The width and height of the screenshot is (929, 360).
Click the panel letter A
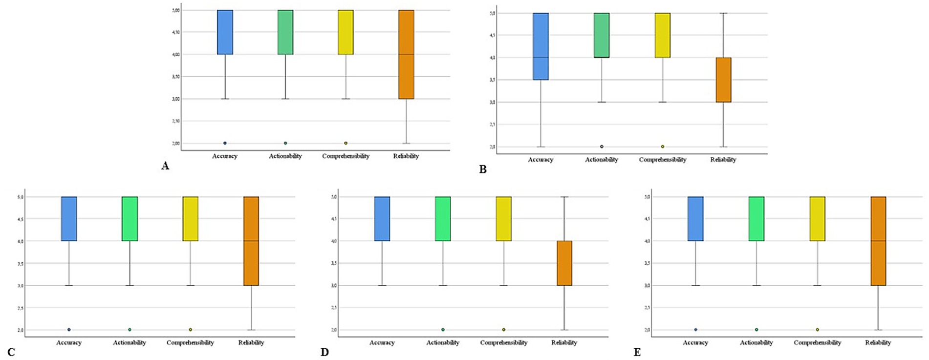point(165,166)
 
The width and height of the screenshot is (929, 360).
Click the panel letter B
point(483,169)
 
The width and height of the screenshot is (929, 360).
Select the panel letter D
point(324,352)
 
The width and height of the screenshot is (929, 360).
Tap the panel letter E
point(637,352)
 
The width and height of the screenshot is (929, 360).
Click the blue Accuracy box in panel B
point(540,46)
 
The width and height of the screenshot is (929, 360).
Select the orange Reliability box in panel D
point(564,263)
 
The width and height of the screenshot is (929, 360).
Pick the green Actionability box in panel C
point(130,219)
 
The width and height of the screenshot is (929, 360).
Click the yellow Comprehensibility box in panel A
point(346,32)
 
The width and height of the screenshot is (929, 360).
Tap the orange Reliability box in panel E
point(878,241)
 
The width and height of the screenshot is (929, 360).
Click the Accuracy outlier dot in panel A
point(225,143)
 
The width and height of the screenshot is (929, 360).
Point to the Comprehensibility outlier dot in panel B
point(663,147)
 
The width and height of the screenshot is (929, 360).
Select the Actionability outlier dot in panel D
point(443,330)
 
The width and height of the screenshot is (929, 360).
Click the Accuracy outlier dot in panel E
point(695,330)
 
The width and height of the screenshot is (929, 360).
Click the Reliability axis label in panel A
point(406,156)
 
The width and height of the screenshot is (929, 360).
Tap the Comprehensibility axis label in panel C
point(190,342)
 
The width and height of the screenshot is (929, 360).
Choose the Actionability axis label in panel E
point(756,342)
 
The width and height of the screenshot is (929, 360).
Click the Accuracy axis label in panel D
point(382,342)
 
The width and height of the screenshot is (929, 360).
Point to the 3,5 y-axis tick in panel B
point(492,80)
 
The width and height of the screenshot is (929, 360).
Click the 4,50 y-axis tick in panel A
point(175,32)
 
